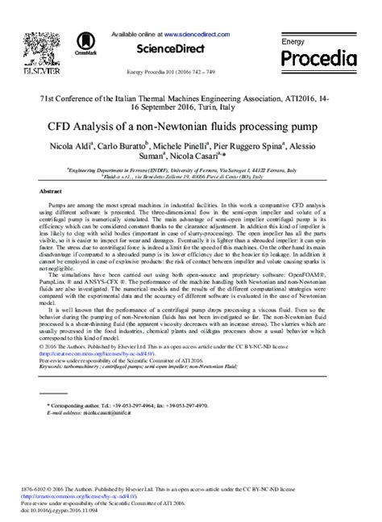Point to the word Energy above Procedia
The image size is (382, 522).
(293, 40)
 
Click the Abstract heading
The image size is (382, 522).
(51, 191)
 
